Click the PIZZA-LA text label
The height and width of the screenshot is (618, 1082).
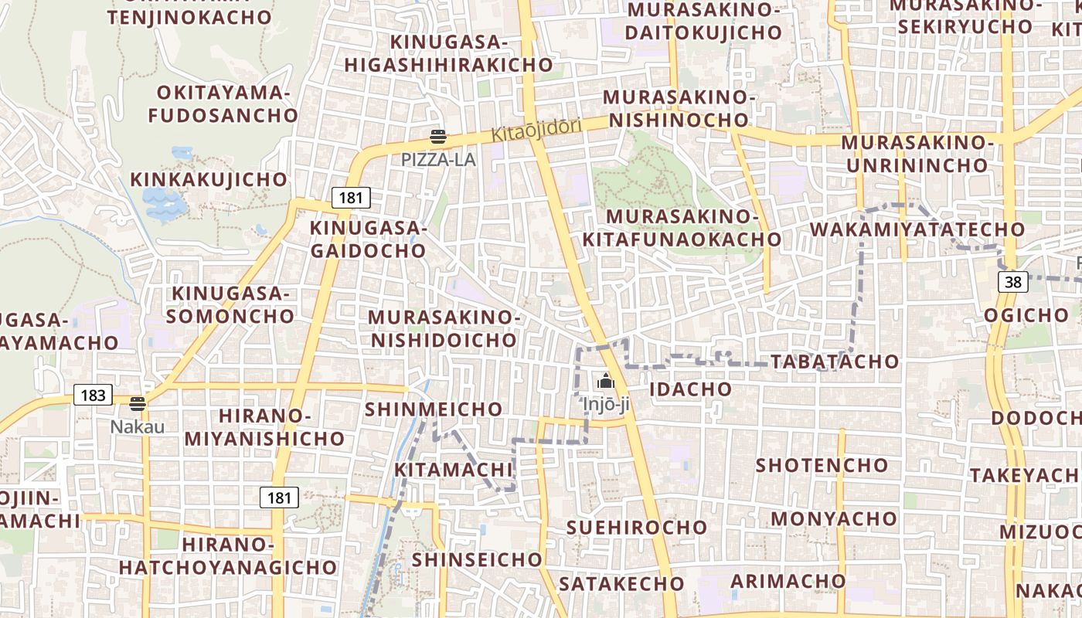tap(438, 160)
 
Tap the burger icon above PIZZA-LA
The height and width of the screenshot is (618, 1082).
tap(438, 138)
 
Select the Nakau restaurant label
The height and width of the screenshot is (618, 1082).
tap(137, 426)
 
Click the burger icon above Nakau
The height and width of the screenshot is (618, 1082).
tap(138, 403)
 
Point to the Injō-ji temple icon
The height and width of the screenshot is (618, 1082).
tap(605, 381)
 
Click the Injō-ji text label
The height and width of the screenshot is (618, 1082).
tap(606, 403)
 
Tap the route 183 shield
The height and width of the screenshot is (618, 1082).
tap(93, 396)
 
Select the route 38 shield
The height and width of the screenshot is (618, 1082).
tap(1013, 282)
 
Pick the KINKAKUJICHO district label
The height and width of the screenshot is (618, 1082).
tap(209, 180)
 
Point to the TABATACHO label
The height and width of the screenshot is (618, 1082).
tap(835, 362)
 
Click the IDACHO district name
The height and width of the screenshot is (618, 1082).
tap(690, 389)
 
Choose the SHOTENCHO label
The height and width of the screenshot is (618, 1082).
tap(822, 465)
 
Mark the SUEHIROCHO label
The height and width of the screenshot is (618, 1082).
tap(637, 528)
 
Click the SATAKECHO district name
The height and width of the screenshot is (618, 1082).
tap(621, 583)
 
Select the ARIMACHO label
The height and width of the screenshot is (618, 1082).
tap(788, 581)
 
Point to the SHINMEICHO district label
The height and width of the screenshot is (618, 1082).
tap(433, 409)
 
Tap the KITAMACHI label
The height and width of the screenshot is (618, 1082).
tap(454, 470)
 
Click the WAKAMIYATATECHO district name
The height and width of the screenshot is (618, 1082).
tap(917, 229)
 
